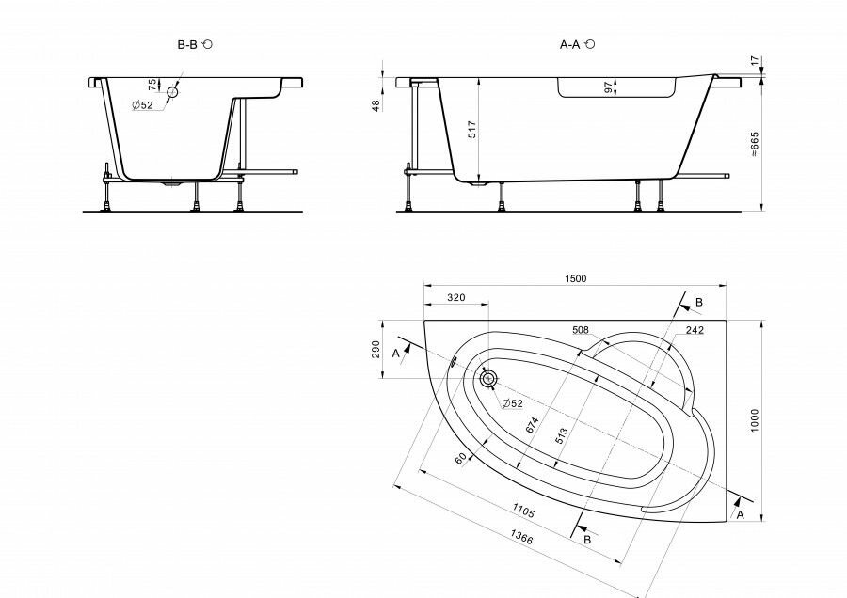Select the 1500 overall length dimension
(575, 278)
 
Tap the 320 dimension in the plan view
(455, 298)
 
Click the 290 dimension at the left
(376, 349)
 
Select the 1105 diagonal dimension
(523, 511)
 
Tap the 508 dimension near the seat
(580, 330)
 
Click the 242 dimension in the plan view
(695, 330)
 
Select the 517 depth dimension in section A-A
(471, 129)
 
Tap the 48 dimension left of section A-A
(376, 105)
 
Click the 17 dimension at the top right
(754, 60)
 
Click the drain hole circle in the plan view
(488, 378)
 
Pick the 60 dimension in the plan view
(460, 459)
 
